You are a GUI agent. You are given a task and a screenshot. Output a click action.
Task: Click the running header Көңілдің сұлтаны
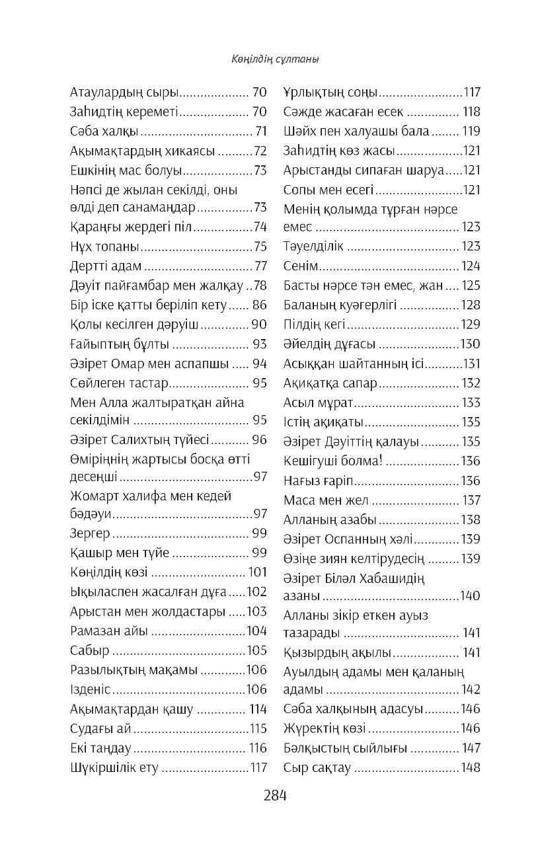tap(268, 59)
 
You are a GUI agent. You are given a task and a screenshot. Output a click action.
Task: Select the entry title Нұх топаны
tap(104, 247)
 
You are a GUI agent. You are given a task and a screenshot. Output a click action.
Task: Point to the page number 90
tap(258, 324)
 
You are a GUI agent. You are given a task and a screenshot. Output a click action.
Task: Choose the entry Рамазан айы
tap(109, 630)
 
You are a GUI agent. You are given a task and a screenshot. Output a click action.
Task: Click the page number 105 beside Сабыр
tap(256, 650)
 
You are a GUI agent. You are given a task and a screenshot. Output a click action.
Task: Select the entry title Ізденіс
tap(91, 689)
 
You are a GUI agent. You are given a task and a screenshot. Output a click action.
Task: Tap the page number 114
tap(258, 709)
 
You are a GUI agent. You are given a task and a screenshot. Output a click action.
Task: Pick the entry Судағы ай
tap(100, 729)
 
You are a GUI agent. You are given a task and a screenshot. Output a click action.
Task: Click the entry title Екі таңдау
tap(100, 748)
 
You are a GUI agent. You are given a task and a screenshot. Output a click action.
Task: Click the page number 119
tap(471, 131)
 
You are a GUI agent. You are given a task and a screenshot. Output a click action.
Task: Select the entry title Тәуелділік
tap(313, 247)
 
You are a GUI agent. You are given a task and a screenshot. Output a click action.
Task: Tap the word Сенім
tap(301, 266)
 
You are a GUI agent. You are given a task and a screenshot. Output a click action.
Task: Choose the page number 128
tap(471, 305)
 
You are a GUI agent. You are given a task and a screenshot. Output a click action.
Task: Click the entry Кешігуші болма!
tap(332, 461)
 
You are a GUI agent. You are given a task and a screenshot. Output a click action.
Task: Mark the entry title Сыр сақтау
tap(317, 767)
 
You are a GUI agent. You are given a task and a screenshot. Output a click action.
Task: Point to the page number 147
tap(471, 748)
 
